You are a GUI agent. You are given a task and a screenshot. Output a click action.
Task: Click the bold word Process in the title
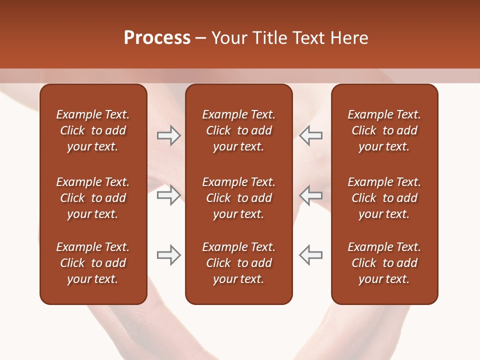pos(157,38)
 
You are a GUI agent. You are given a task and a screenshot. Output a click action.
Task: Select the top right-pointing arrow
pos(168,135)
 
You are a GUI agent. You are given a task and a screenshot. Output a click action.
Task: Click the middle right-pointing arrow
pos(168,195)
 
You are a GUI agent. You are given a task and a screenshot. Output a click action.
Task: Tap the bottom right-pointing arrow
pos(168,255)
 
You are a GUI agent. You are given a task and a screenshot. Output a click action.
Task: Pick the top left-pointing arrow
pos(311,135)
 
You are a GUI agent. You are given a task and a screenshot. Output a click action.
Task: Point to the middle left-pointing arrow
pos(311,195)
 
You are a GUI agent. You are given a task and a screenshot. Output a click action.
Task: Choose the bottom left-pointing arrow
pos(311,255)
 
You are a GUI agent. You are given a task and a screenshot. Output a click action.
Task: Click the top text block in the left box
pos(93,130)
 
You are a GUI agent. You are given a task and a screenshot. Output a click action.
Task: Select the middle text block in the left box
pos(93,198)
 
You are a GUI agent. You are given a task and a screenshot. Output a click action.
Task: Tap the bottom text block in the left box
pos(93,263)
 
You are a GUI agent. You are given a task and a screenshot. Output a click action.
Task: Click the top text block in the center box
pos(238,130)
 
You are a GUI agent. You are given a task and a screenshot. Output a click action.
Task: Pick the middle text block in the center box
pos(238,198)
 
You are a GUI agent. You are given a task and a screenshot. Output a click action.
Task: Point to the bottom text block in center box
pos(238,263)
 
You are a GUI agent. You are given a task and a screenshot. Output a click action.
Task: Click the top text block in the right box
pos(384,130)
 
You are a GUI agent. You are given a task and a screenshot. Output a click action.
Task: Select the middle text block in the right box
pos(384,198)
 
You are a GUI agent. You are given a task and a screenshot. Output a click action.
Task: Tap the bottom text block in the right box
pos(384,263)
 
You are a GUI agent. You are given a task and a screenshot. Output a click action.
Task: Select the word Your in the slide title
pos(228,38)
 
